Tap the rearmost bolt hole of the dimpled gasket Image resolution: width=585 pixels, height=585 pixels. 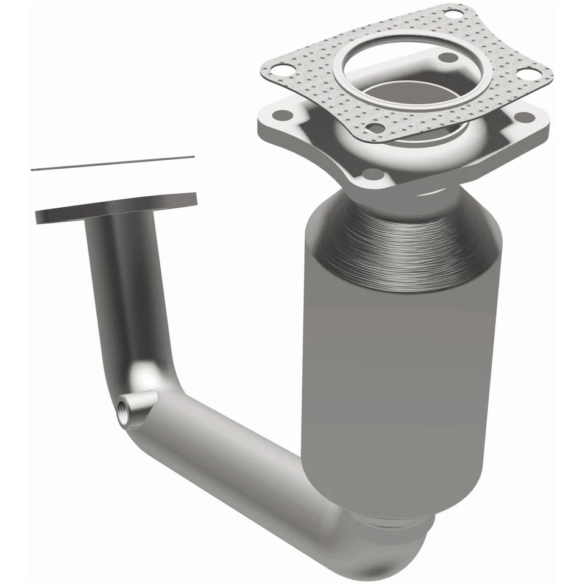pos(452,13)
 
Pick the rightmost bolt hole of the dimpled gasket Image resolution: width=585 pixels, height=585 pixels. pos(531,73)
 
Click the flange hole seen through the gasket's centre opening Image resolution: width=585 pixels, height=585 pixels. pos(448,58)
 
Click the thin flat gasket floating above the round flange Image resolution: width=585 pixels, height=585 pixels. pos(113,163)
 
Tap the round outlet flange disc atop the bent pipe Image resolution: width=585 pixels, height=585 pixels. pos(116,207)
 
